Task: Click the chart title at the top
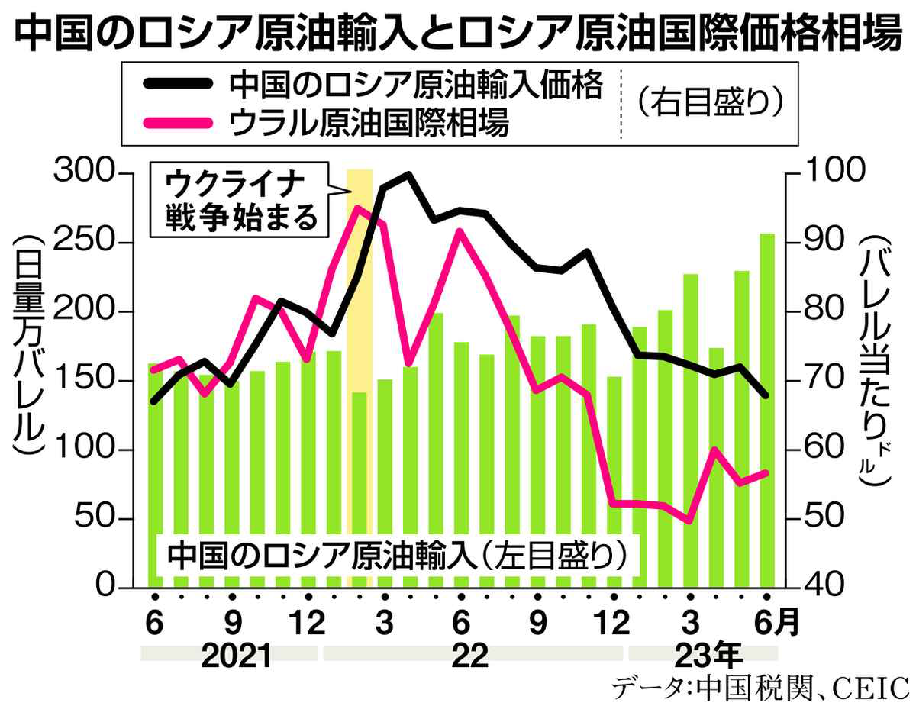coord(458,34)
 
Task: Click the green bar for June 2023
coord(766,412)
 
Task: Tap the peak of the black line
coord(408,175)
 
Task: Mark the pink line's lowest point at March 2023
coord(689,521)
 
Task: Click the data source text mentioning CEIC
coord(759,686)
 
